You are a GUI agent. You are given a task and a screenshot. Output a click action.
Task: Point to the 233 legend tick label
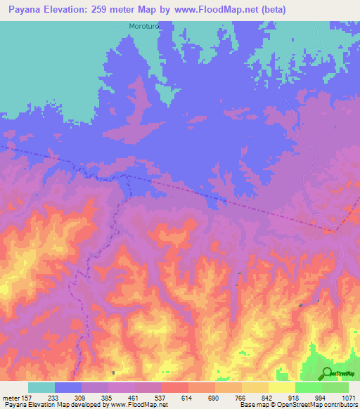(x=54, y=397)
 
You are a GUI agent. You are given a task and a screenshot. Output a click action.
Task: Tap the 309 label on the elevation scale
(x=81, y=397)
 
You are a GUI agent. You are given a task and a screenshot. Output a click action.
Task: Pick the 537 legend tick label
(x=161, y=397)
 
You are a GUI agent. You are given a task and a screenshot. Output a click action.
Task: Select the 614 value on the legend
(x=188, y=397)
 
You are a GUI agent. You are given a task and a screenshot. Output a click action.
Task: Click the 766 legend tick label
(x=241, y=397)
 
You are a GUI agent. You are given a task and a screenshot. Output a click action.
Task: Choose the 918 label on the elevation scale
(x=295, y=397)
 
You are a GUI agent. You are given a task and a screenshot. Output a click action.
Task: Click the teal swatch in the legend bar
(x=41, y=387)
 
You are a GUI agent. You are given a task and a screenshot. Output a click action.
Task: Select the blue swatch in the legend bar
(x=67, y=387)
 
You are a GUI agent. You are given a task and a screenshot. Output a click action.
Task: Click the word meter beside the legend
(x=10, y=397)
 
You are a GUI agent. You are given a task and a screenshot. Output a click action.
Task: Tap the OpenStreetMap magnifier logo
(x=327, y=373)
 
